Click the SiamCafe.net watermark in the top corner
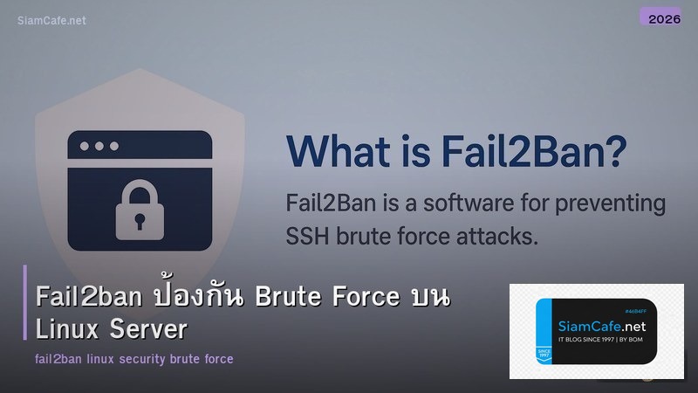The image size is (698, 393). point(51,20)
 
